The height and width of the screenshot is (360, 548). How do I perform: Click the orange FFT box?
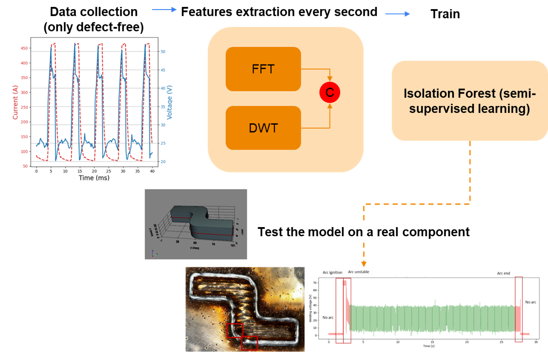(x=263, y=69)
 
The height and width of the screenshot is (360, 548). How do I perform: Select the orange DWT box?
(x=263, y=128)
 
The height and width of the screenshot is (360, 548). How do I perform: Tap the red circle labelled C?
(x=330, y=93)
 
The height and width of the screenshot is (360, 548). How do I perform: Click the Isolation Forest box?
(x=469, y=101)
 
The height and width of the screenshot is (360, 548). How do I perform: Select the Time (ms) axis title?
(x=94, y=177)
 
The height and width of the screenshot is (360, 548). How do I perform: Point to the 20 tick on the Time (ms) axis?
(x=94, y=170)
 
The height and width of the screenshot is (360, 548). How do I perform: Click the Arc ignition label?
(x=332, y=272)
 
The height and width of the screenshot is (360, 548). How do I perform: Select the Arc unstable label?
(x=358, y=272)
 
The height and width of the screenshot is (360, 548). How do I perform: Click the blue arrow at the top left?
(x=164, y=9)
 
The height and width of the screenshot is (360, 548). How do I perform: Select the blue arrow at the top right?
(x=398, y=14)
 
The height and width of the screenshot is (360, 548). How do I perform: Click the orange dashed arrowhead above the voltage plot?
(x=364, y=264)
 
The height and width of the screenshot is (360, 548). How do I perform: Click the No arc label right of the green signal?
(x=531, y=302)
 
